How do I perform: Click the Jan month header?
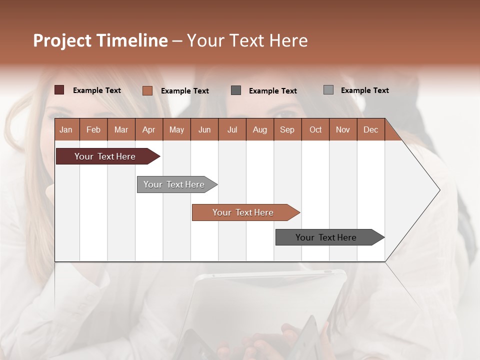coord(66,129)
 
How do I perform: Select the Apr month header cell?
coord(149,129)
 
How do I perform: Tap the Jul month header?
coord(232,129)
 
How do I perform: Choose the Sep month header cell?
coord(287,129)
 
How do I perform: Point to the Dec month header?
coord(370,129)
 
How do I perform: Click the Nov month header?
coord(343,129)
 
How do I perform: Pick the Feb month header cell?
coord(93,129)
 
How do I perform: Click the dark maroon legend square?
coord(59,90)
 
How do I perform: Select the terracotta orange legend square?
coord(147,90)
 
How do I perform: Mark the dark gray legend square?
coord(236,90)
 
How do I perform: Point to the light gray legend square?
coord(328,90)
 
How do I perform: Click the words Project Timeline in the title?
coord(100,40)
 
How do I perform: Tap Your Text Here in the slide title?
coord(247,40)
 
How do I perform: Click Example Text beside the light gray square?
coord(364,90)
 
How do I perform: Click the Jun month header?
coord(204,129)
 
